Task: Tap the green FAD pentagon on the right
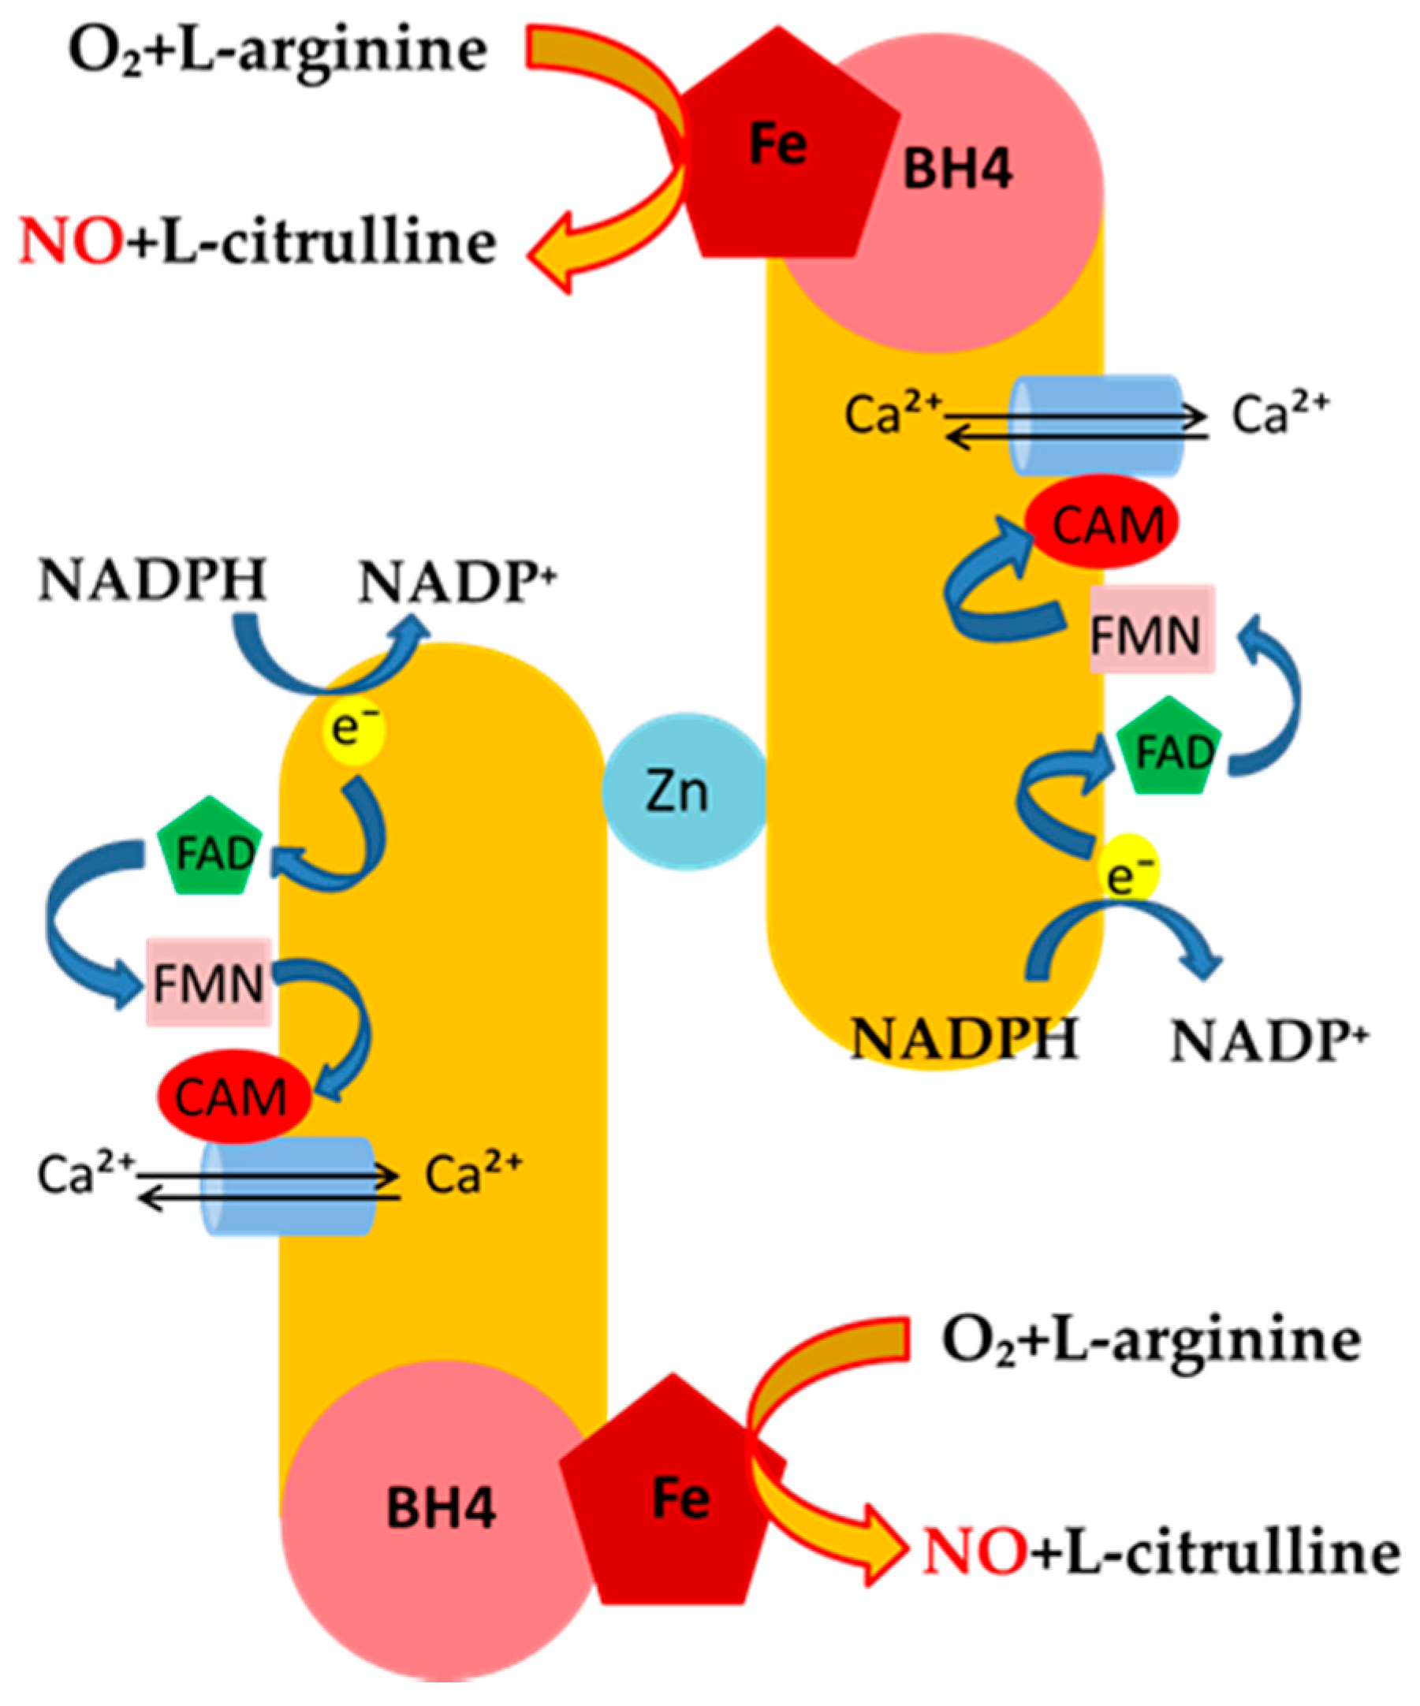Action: pos(1172,751)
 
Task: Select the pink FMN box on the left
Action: pos(208,983)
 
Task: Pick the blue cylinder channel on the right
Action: pos(1095,425)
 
